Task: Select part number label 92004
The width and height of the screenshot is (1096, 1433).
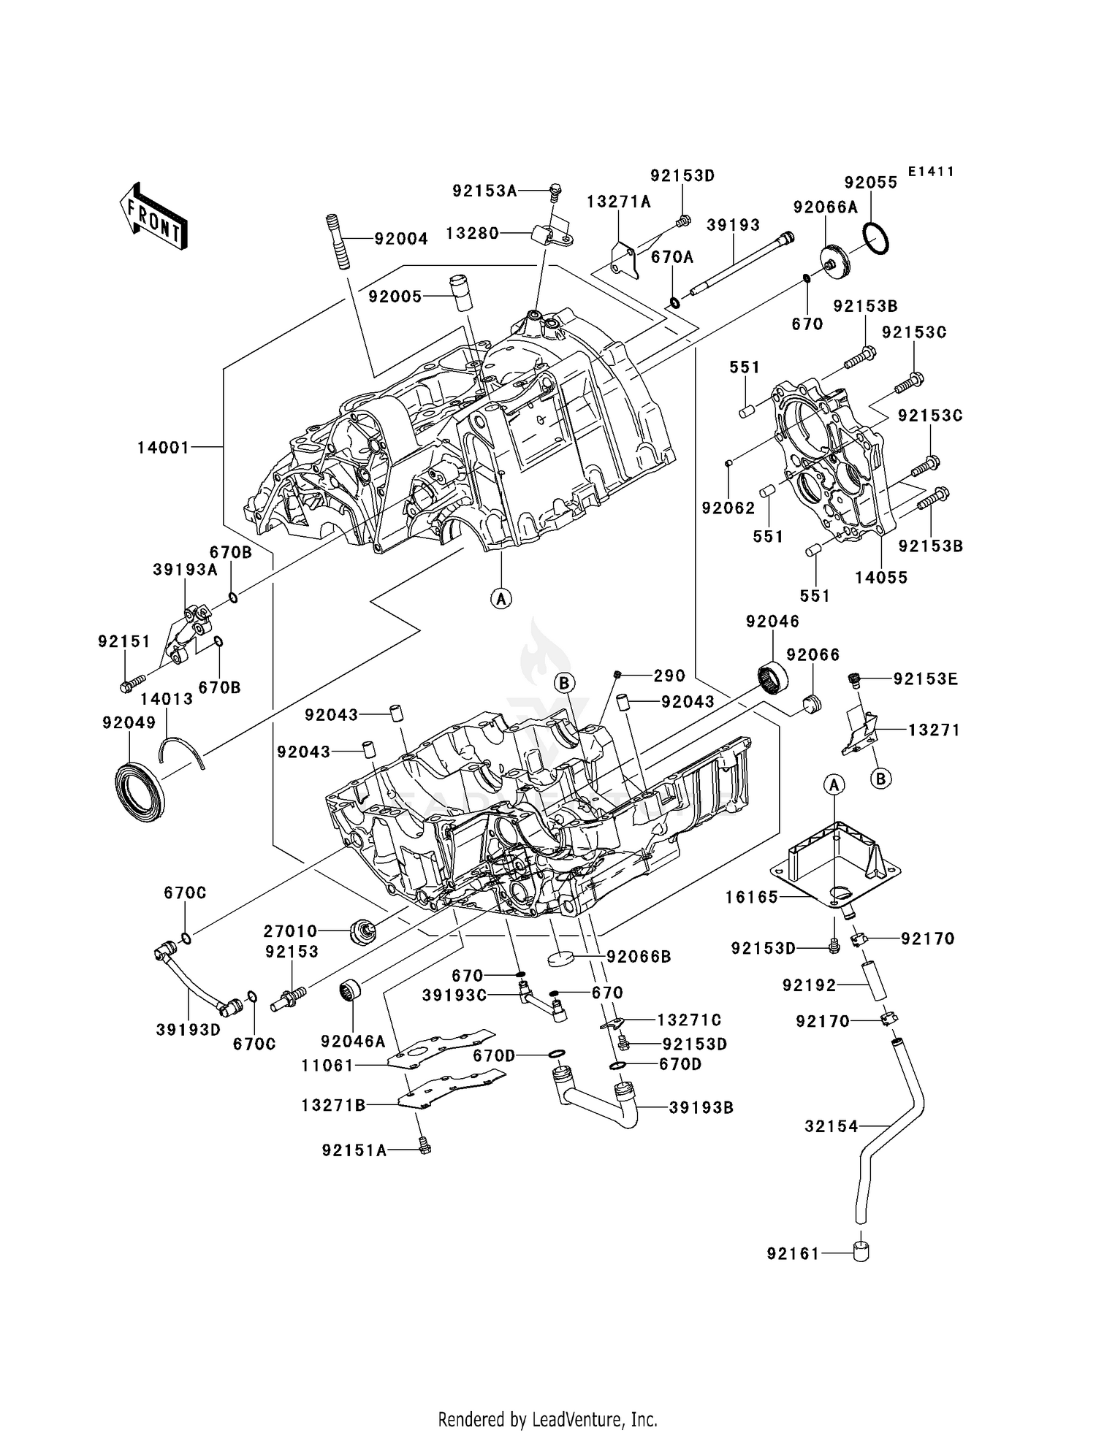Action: click(401, 239)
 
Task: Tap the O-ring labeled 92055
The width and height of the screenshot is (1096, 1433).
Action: click(875, 239)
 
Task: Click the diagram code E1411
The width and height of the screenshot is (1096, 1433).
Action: click(931, 172)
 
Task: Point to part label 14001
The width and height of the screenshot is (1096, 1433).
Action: click(163, 447)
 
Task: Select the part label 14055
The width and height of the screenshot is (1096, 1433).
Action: click(881, 577)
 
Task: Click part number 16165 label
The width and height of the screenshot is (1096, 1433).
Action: click(752, 897)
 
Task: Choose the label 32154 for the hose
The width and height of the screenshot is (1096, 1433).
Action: click(831, 1126)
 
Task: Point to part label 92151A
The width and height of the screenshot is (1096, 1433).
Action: click(354, 1150)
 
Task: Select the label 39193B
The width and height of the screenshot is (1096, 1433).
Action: click(701, 1107)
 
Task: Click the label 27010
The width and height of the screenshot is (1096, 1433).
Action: click(291, 931)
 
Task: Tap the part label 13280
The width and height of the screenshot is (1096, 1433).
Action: click(473, 233)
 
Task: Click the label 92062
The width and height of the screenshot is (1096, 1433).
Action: click(728, 508)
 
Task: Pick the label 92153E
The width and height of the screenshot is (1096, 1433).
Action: click(925, 679)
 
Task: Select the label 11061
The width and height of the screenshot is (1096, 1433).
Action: click(327, 1066)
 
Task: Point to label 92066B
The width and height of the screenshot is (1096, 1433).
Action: click(639, 956)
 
